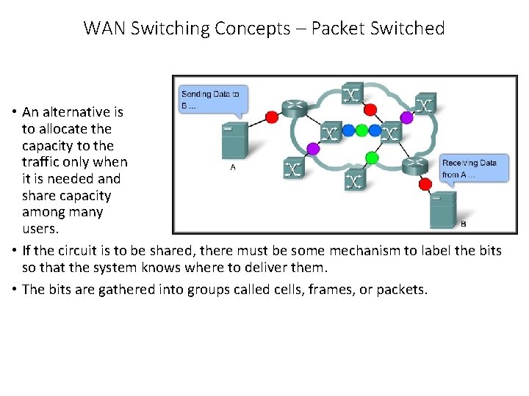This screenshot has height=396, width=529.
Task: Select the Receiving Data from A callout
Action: coord(472,169)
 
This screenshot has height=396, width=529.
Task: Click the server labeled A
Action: coord(233,141)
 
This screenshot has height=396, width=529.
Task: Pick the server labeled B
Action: coord(443,209)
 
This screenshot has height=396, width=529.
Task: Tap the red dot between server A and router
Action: coord(271,116)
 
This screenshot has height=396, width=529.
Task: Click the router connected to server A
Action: coord(297,108)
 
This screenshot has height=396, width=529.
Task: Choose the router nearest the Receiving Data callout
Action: coord(416,166)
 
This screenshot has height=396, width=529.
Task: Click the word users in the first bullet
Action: coord(41,230)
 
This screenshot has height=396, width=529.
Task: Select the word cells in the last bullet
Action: coord(280,289)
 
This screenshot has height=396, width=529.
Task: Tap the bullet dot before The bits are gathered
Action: coord(15,289)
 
